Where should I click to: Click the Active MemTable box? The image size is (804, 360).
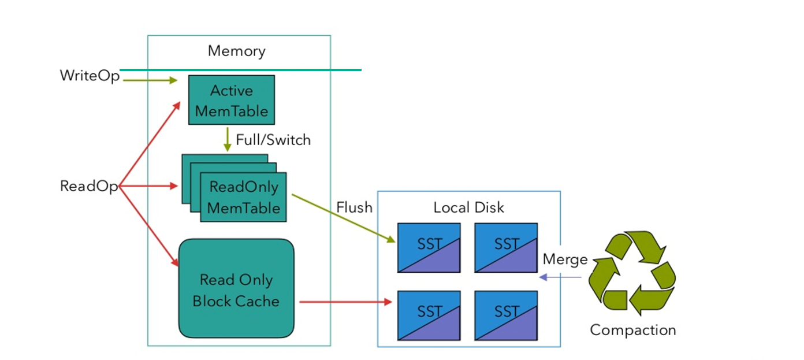(x=232, y=100)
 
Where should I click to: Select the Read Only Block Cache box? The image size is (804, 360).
(x=236, y=289)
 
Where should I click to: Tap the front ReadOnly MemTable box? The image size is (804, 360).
(x=243, y=197)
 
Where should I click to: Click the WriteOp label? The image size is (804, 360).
(x=90, y=76)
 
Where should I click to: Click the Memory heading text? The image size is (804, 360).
(x=237, y=51)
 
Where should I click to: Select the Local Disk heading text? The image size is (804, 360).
(x=468, y=207)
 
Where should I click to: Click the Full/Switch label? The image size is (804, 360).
(x=273, y=139)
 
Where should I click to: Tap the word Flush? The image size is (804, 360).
(x=355, y=207)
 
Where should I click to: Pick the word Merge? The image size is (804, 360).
(x=565, y=259)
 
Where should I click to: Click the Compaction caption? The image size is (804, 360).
(x=632, y=330)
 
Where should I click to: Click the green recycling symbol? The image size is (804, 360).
(x=632, y=273)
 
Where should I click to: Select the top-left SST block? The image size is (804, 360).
(x=429, y=247)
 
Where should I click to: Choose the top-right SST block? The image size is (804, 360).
(x=506, y=247)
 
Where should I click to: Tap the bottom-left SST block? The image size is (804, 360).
(x=429, y=315)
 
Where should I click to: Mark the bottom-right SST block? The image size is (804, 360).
(x=506, y=315)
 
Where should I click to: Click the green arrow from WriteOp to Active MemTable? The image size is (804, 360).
(x=149, y=81)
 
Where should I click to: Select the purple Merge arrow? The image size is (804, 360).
(x=560, y=278)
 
